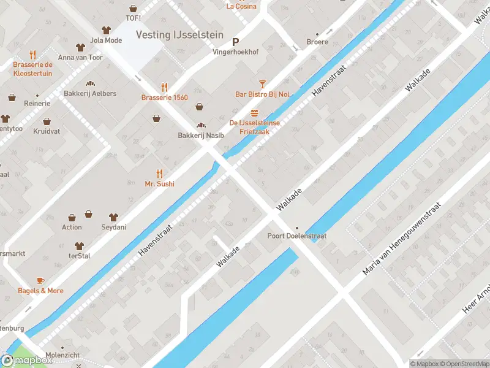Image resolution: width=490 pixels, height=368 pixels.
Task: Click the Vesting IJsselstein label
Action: [179, 35]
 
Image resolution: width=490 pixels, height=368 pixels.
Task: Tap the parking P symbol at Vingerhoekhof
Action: [235, 42]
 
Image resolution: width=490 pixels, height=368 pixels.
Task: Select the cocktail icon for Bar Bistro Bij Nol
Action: [262, 83]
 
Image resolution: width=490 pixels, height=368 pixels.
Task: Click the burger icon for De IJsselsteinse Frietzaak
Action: [254, 112]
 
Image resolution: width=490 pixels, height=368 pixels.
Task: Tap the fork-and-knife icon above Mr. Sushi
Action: [159, 173]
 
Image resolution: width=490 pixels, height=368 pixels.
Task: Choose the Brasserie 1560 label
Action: [164, 98]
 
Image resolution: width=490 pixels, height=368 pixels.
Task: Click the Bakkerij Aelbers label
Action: [90, 94]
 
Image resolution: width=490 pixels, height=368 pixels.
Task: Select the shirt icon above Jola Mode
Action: [106, 30]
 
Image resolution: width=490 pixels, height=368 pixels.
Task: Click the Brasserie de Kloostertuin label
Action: [33, 69]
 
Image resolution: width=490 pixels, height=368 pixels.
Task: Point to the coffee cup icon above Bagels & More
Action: [40, 280]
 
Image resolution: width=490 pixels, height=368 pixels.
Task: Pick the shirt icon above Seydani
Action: [113, 217]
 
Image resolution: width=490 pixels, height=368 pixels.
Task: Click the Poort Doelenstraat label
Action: [296, 236]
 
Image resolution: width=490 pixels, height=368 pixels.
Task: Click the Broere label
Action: [317, 42]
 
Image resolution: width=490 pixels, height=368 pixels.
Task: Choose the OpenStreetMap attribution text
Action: [464, 364]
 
